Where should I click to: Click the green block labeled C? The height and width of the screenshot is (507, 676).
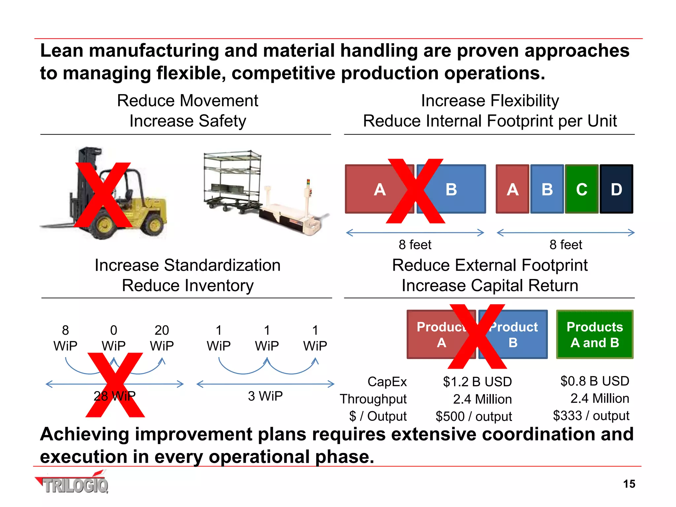click(582, 189)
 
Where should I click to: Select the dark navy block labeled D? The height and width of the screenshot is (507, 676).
click(616, 189)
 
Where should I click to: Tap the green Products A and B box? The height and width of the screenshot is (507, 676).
click(594, 334)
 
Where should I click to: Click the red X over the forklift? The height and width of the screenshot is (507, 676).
click(103, 195)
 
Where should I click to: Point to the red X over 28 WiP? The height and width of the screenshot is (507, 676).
click(115, 385)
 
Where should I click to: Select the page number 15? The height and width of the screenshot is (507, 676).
click(629, 484)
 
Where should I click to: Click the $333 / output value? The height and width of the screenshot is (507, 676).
click(591, 416)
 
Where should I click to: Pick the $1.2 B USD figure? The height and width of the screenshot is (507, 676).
click(477, 382)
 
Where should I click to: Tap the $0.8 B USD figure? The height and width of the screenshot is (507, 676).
click(594, 381)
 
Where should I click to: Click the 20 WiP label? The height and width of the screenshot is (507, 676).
click(162, 338)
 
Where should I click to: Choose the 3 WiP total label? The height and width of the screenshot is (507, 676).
click(265, 396)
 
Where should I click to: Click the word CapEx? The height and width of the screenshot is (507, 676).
click(387, 382)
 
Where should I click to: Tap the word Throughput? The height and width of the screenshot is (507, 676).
click(373, 399)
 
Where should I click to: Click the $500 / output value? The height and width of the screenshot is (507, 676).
click(474, 416)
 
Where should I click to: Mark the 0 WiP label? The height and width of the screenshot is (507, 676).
click(114, 338)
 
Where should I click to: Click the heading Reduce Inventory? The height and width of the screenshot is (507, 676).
click(187, 286)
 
